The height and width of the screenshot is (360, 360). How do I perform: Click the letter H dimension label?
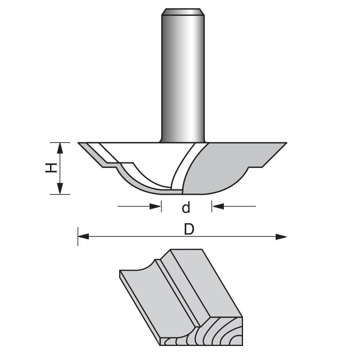click(x=51, y=168)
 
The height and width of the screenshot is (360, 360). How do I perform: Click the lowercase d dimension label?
click(x=186, y=208)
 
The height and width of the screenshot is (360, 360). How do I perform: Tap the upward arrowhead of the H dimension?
click(x=60, y=148)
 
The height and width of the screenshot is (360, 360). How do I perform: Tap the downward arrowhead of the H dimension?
click(x=60, y=188)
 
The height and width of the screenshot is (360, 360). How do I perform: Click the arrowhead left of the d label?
click(x=155, y=206)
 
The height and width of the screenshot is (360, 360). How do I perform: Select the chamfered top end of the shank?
click(x=183, y=12)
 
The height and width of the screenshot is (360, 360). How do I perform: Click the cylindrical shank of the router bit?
click(x=183, y=79)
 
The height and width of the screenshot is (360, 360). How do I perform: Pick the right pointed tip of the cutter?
click(x=286, y=143)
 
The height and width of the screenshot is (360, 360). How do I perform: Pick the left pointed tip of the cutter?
click(x=79, y=143)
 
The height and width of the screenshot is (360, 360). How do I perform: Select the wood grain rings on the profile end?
click(x=216, y=331)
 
